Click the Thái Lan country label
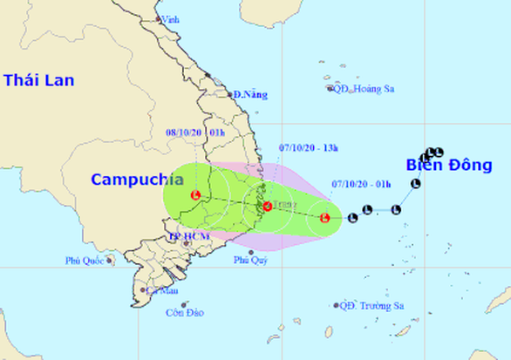39,80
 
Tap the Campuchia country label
138,180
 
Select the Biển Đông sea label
449,166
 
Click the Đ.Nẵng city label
250,94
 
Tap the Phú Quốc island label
85,261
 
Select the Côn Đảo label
184,314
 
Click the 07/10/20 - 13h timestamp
309,148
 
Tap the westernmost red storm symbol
196,194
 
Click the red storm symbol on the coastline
268,207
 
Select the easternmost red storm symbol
325,218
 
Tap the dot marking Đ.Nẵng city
230,93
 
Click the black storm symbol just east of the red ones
352,217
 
